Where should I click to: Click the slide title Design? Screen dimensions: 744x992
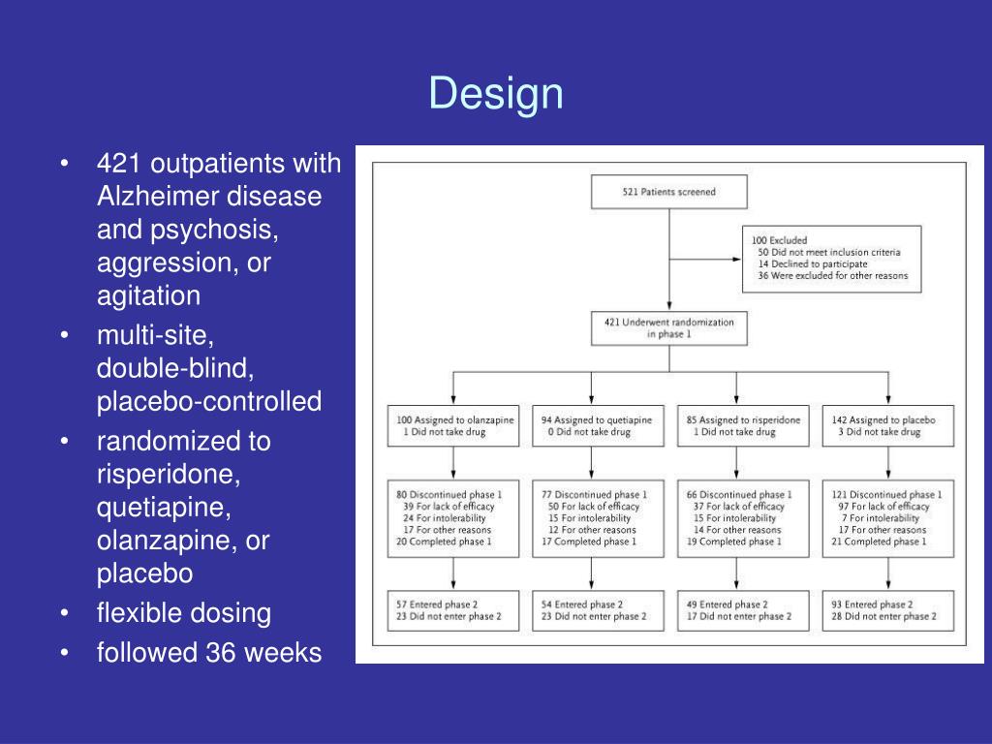coord(496,94)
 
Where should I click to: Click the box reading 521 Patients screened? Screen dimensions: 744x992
coord(669,192)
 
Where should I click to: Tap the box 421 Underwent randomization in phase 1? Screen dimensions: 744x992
coord(669,328)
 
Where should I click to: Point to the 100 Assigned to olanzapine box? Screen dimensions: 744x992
coord(452,426)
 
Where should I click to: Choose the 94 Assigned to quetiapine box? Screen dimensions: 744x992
coord(598,426)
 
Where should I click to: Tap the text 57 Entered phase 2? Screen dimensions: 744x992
coord(437,604)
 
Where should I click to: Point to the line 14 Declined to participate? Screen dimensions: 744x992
coord(813,263)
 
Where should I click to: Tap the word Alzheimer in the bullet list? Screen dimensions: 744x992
coord(158,197)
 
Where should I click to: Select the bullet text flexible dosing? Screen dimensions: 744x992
coord(183,613)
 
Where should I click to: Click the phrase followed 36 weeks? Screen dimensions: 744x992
coord(208,653)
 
